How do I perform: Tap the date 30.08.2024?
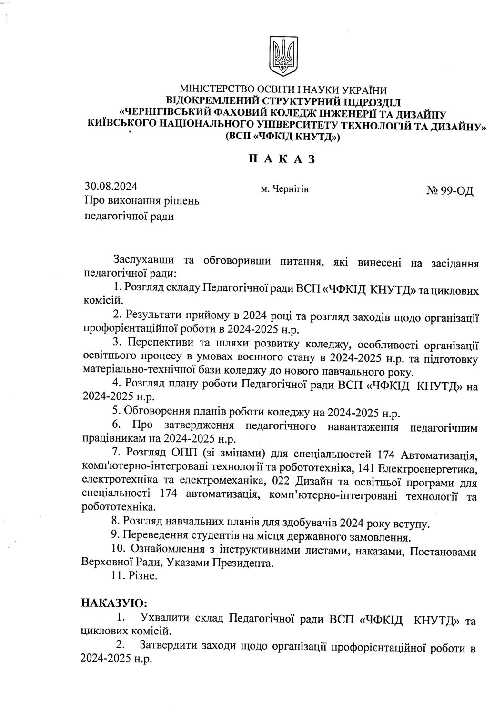coord(107,186)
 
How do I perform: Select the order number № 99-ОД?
coord(449,192)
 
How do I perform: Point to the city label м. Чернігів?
coord(285,189)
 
